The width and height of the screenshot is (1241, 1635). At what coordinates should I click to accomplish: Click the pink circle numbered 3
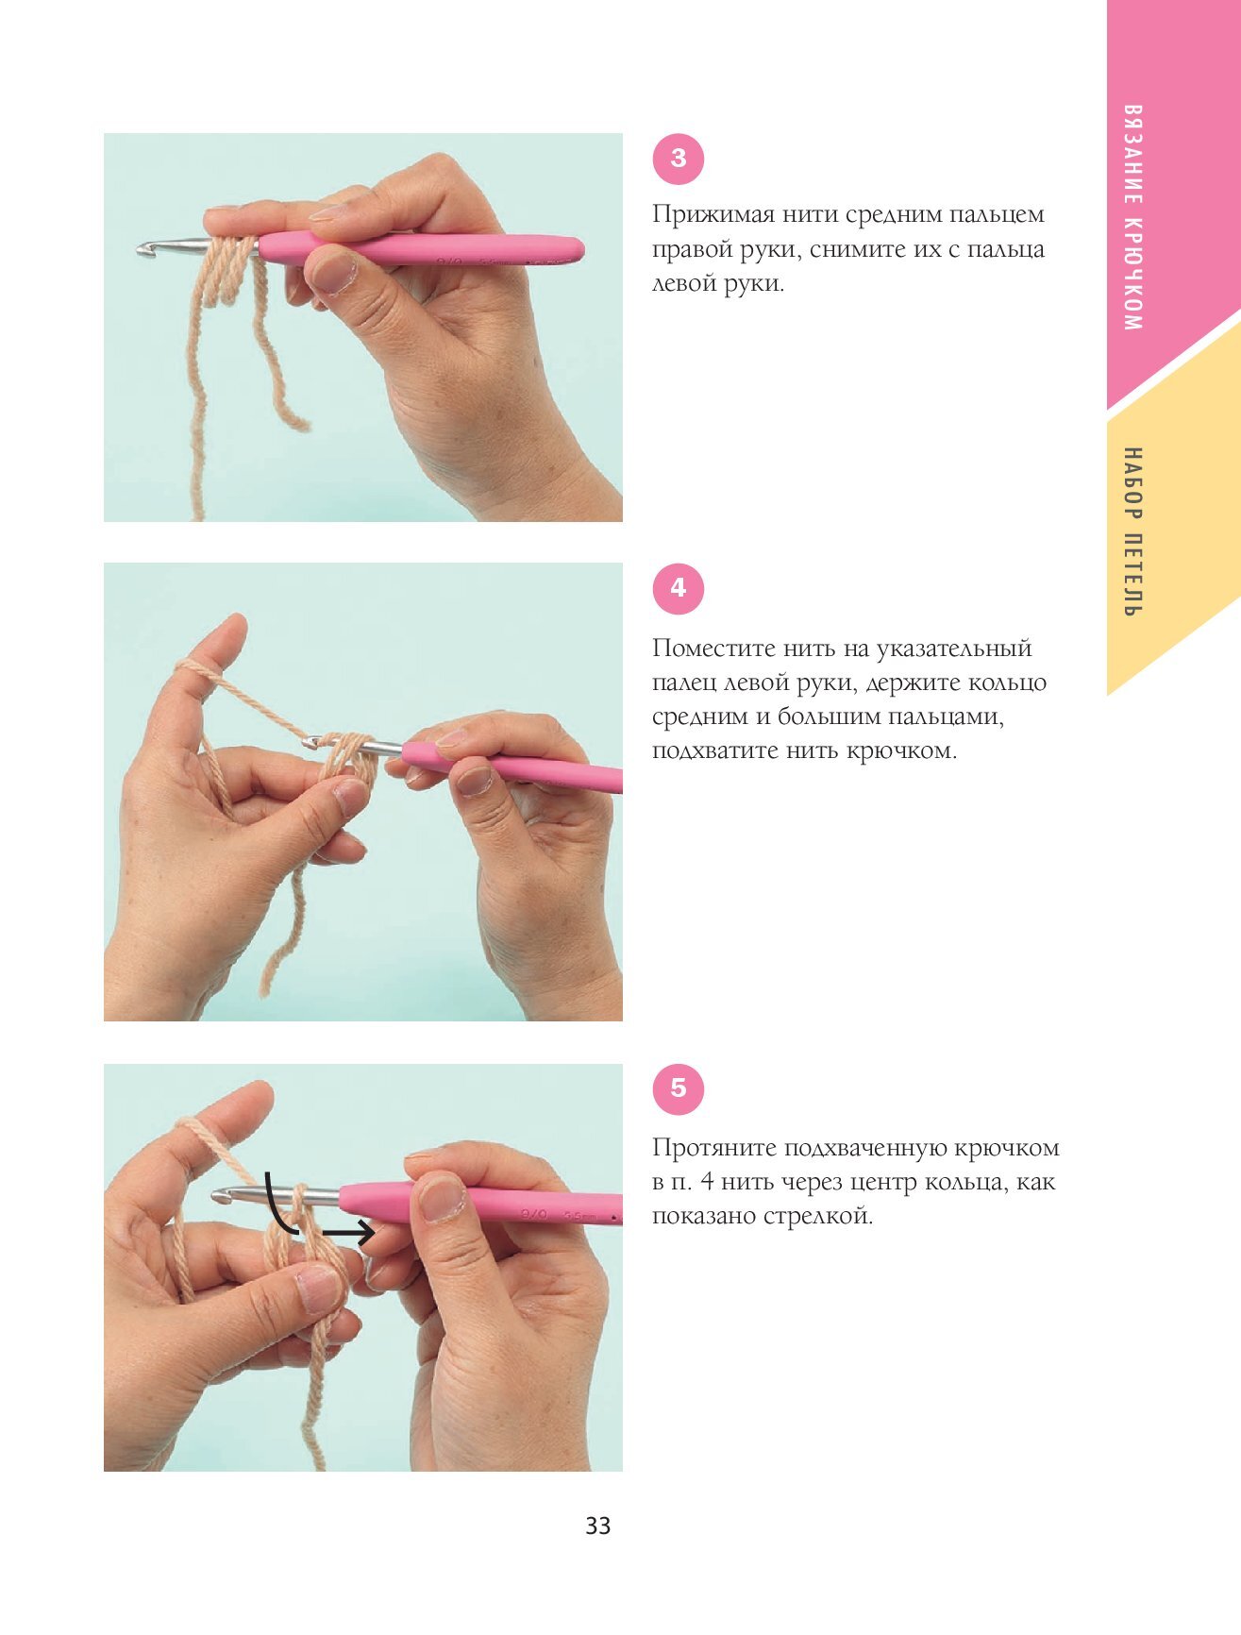click(679, 159)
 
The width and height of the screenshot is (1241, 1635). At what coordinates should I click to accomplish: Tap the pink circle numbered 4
click(679, 588)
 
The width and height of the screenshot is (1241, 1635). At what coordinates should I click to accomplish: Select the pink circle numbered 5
click(679, 1088)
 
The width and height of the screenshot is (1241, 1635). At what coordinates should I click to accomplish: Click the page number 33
click(598, 1526)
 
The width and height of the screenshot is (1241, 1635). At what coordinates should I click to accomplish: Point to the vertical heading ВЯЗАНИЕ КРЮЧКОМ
click(1133, 217)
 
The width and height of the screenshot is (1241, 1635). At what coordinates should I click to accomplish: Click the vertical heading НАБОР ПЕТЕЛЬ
click(1133, 532)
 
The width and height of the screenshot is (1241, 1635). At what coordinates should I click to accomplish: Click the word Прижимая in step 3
click(698, 215)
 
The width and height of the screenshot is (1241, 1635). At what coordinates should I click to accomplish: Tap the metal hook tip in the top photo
click(144, 249)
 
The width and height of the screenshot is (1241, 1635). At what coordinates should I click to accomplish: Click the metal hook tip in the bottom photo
click(220, 1196)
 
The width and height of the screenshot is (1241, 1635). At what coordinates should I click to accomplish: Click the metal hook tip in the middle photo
click(310, 742)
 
